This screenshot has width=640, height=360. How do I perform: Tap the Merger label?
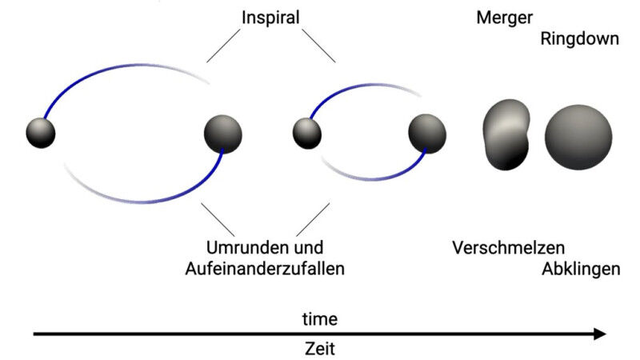point(504,17)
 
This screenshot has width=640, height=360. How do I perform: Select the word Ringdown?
point(579,38)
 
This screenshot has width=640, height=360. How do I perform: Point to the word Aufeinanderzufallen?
point(264,269)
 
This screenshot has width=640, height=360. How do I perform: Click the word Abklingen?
point(581,269)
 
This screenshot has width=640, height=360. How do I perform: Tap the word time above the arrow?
point(319,319)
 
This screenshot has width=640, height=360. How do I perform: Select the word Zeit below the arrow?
point(319,349)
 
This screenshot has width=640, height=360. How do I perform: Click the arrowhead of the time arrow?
point(600,334)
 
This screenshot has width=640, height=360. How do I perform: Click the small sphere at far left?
point(40,132)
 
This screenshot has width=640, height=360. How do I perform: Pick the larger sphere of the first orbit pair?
point(222,134)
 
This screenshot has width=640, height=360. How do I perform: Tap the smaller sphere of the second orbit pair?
point(306,133)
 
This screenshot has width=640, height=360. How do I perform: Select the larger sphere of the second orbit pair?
point(427,134)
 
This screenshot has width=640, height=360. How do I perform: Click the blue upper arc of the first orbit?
point(96,77)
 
